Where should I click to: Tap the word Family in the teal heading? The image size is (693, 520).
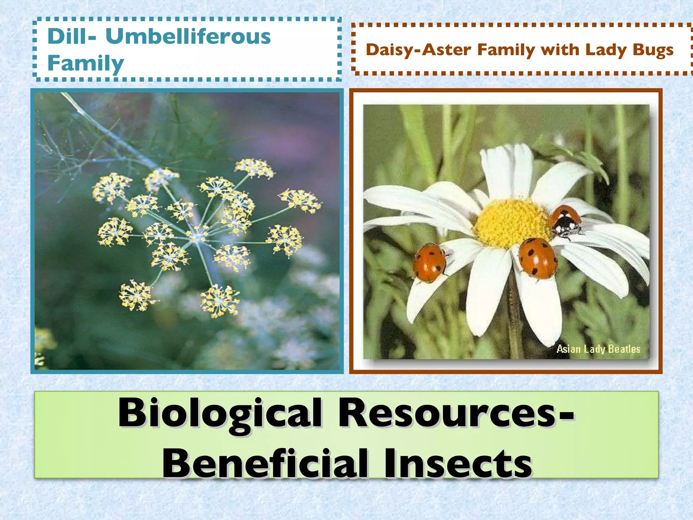tap(86, 63)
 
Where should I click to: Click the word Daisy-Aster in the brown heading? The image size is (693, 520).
tap(419, 50)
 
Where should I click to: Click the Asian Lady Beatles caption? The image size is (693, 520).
tap(598, 349)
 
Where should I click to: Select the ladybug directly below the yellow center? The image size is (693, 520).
tap(538, 258)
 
